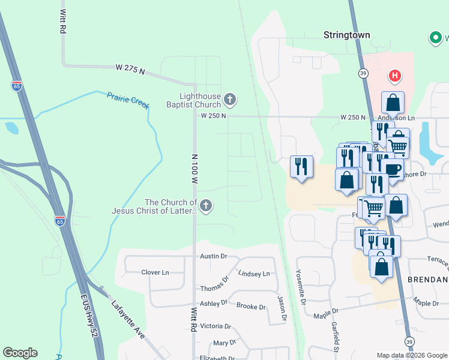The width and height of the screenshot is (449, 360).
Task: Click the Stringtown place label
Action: point(347,35)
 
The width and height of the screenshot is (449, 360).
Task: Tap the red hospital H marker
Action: point(394,76)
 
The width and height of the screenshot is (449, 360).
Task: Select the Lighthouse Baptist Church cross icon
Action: point(229,99)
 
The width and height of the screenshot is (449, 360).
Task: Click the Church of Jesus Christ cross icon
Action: point(206,206)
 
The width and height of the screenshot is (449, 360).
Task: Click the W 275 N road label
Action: point(131,70)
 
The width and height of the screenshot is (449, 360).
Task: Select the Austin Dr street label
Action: point(214,256)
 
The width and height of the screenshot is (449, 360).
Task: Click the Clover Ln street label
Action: point(155,272)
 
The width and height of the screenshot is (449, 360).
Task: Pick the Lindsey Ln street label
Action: point(254,274)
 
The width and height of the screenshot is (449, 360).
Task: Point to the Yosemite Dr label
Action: point(301,286)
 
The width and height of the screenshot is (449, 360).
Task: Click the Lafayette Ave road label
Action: point(128,320)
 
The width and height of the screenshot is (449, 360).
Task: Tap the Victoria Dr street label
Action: point(215,326)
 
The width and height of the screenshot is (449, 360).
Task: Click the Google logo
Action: point(20,353)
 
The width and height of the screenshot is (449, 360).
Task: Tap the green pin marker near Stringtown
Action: point(435,38)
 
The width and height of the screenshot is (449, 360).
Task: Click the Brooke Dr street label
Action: point(251,307)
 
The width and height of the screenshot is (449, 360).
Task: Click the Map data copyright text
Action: point(412,355)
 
